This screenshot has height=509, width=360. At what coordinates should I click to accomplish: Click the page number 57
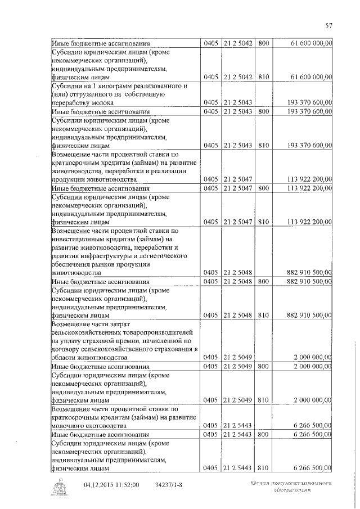click(x=329, y=25)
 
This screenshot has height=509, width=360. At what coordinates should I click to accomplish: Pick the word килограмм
click(x=113, y=85)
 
